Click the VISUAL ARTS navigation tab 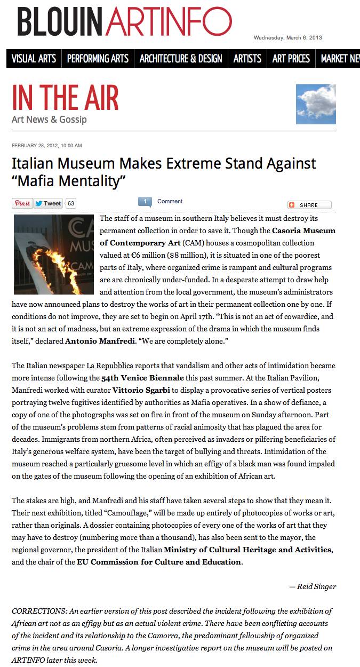[x=34, y=59]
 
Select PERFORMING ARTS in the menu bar [x=98, y=59]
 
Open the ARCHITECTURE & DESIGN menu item [x=181, y=59]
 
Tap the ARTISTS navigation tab [x=247, y=59]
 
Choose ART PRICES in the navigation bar [x=291, y=59]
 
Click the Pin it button [x=22, y=203]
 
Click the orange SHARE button [x=309, y=205]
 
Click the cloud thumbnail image [x=316, y=104]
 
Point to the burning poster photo [x=53, y=255]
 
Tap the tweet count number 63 [x=71, y=203]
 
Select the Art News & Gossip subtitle [x=49, y=120]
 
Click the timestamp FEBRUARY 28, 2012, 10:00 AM [x=47, y=146]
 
